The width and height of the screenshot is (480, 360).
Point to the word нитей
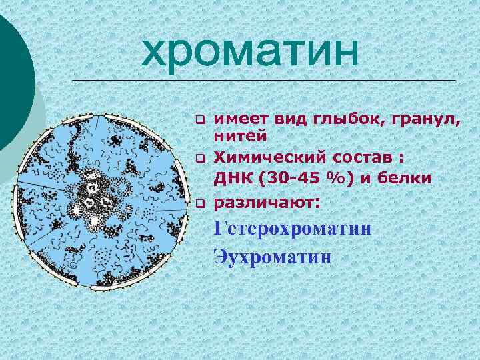pos(240,135)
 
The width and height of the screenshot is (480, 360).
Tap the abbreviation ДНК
pos(231,179)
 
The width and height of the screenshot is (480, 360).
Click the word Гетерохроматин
pos(292,229)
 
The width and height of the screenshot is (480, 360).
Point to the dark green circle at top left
pos(13,73)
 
